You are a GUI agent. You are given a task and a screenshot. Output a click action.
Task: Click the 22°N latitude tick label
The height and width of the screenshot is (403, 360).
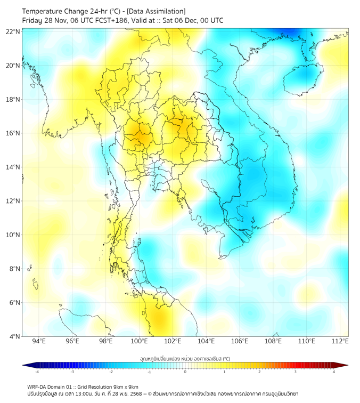(13, 32)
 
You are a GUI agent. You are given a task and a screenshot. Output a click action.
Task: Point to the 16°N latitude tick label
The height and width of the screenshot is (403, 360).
(13, 133)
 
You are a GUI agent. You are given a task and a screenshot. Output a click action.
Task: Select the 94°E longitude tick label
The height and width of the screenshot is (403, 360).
(39, 341)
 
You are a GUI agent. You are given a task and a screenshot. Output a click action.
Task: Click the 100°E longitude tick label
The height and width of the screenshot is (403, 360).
(140, 341)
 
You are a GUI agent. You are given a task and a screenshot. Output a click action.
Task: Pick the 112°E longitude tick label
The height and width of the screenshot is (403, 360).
(340, 341)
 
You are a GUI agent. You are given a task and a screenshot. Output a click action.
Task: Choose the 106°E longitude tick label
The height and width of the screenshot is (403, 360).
(240, 341)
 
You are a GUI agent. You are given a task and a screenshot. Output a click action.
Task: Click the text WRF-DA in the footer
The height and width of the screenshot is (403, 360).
(38, 386)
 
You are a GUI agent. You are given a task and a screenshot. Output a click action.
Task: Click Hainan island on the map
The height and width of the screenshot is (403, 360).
(303, 80)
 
